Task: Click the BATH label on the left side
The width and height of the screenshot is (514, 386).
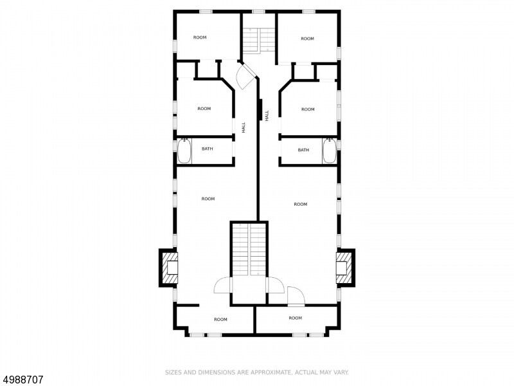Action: point(208,149)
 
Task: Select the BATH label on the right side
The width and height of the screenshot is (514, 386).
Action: point(303,150)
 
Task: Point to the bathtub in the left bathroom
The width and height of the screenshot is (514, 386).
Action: point(184,152)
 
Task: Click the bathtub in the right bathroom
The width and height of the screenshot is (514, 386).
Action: point(330,152)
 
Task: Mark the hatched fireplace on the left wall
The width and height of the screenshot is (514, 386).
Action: point(170,267)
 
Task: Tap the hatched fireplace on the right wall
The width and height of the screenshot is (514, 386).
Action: point(344,267)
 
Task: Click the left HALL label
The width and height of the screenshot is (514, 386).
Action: point(244,128)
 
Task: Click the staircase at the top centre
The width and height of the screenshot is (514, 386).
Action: point(258,41)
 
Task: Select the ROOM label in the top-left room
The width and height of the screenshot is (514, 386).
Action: point(200,37)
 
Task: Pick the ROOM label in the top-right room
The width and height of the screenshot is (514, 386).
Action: point(308,39)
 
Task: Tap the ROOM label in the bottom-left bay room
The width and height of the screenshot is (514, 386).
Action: point(220,319)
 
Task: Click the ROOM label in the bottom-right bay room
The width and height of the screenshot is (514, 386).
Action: point(295,318)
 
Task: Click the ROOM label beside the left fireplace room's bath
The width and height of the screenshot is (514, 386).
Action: point(208,199)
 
